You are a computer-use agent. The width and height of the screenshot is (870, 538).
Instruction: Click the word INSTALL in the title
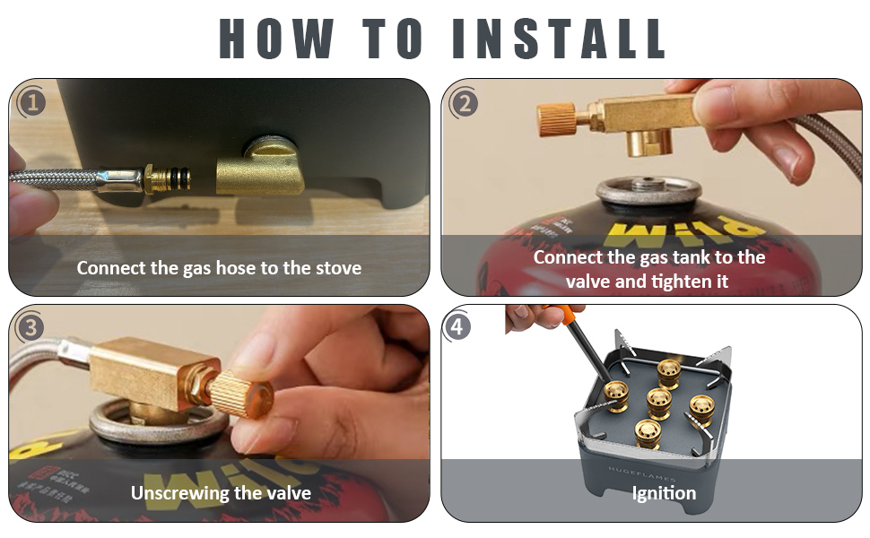coord(559,38)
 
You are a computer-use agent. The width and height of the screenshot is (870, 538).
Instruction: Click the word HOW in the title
coord(275,38)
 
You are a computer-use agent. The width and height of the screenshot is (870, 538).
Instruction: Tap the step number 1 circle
coord(32,102)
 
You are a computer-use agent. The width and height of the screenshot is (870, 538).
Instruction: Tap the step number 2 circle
coord(464,102)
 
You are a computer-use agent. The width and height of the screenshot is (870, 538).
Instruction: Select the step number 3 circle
coord(31,327)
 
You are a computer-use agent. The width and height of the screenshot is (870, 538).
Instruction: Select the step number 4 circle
coord(457,327)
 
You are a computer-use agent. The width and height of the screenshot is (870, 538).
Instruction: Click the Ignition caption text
coord(664,492)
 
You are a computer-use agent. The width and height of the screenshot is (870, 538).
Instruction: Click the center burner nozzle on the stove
coord(659,402)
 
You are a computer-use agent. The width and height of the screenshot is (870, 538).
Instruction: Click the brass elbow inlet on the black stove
coord(259,170)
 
